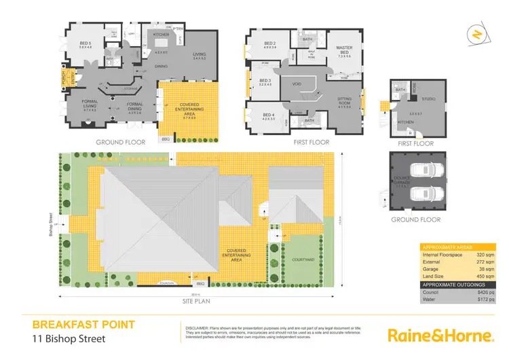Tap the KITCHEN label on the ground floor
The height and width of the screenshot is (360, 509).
pos(161,34)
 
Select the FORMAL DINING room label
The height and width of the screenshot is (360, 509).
pos(134,105)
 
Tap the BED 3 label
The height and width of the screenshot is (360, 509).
pos(265,81)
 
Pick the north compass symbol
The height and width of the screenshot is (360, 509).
pos(478,34)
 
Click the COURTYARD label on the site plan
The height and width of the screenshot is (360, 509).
pos(302,259)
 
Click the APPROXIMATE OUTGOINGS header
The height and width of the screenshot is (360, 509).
pos(454,283)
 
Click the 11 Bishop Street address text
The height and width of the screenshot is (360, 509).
pos(68,338)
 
